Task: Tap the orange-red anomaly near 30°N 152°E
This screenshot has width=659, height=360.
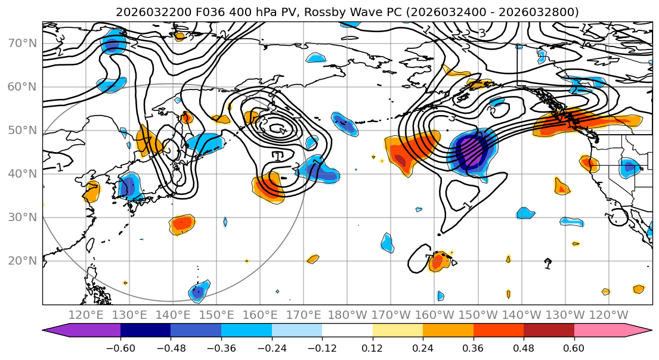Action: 182,224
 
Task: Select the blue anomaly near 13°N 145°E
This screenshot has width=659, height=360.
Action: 198,291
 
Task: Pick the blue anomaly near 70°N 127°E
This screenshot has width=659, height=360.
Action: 113,45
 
